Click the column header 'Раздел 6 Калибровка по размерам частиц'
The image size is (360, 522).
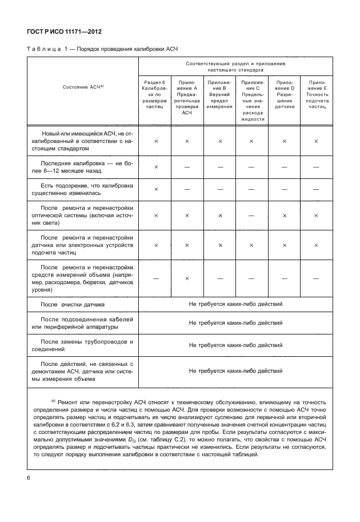click(x=155, y=94)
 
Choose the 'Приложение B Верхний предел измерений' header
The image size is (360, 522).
click(x=220, y=94)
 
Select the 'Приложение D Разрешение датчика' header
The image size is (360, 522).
click(x=284, y=94)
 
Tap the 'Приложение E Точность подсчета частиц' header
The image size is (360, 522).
click(x=316, y=94)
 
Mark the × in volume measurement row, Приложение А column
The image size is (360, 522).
click(x=187, y=277)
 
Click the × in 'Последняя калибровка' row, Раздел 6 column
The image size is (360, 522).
click(x=155, y=166)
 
